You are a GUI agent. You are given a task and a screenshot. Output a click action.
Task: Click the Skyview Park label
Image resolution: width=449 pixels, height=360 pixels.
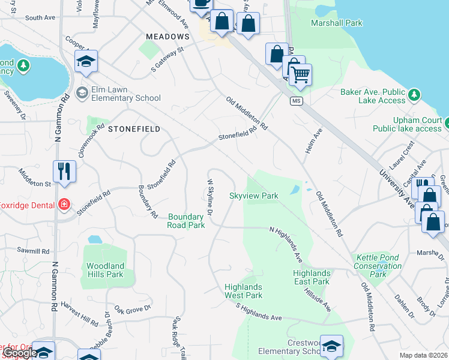coord(254,196)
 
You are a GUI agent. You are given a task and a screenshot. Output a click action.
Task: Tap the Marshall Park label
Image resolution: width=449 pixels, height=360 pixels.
coord(337,23)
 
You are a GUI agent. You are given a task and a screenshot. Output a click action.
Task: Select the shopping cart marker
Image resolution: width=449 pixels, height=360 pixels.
coord(300,75)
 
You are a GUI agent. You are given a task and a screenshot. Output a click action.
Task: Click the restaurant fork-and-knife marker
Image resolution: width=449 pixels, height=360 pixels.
coord(64,171)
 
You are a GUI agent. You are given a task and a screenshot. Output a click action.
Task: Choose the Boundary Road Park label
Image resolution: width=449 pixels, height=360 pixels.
coord(187,221)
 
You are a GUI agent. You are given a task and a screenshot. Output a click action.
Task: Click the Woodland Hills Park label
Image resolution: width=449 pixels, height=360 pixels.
coord(105,270)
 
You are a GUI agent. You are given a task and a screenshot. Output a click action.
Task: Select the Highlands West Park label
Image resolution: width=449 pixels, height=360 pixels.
coord(244,291)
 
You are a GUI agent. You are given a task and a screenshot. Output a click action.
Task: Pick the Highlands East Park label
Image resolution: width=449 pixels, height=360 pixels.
coord(312,277)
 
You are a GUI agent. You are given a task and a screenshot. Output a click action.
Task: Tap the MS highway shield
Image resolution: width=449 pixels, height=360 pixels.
coord(296,100)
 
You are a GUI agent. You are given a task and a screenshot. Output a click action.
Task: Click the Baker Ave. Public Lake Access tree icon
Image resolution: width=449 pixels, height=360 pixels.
coord(414,94)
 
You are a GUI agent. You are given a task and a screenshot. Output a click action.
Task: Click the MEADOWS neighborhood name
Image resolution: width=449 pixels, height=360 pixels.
coord(168,37)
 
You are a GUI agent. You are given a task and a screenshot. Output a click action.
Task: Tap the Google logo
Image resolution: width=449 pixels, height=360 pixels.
coord(19,353)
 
